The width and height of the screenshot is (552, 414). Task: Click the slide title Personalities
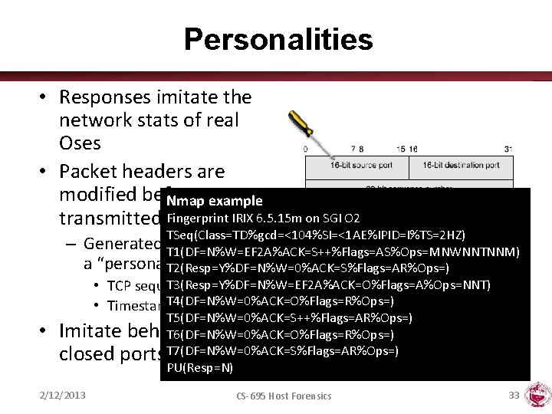point(278,39)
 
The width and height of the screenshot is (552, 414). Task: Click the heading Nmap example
point(214,201)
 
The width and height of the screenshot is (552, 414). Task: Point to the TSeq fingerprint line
point(316,235)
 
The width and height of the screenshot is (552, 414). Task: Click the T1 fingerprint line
point(343,251)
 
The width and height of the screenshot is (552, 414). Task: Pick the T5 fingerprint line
point(288,318)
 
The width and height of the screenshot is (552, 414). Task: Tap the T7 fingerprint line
point(281,352)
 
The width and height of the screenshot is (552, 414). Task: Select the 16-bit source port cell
point(357,166)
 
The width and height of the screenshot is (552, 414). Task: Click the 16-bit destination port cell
point(460,166)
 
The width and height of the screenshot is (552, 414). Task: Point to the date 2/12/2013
point(63,396)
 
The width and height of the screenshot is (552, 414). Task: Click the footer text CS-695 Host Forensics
point(284,396)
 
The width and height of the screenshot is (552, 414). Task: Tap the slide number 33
point(514,395)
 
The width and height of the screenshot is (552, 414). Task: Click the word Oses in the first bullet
point(81,143)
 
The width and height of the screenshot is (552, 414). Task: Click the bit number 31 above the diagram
point(508,149)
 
